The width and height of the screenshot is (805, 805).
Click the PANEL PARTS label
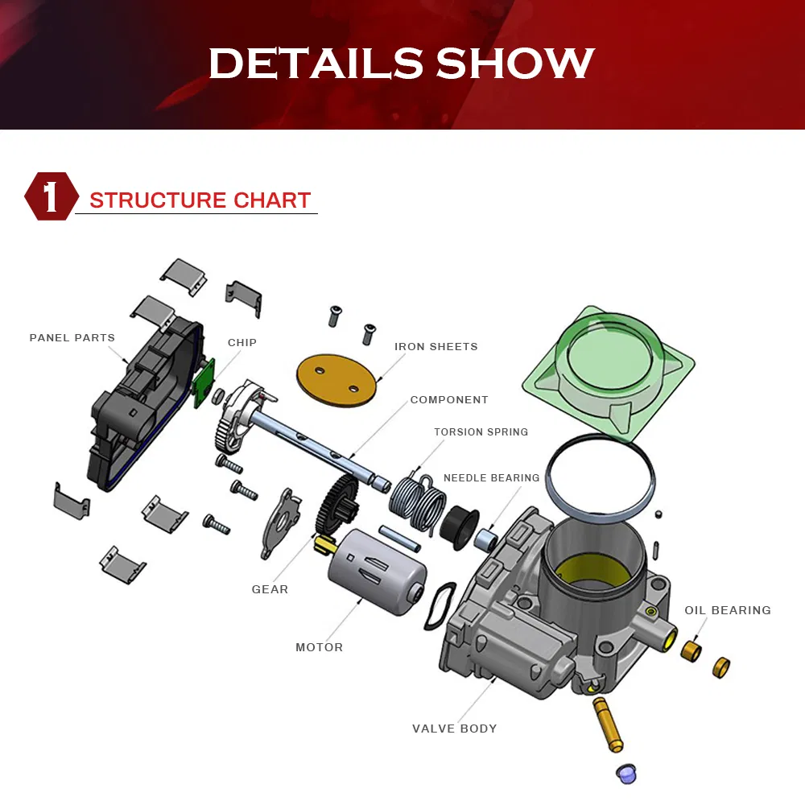click(x=72, y=338)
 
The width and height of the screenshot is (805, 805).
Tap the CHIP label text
click(x=242, y=343)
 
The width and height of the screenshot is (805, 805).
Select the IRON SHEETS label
click(x=436, y=347)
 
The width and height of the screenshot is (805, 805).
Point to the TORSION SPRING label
click(x=481, y=432)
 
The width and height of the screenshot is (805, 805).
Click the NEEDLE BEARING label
click(x=491, y=478)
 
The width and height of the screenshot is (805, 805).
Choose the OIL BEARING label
click(x=727, y=611)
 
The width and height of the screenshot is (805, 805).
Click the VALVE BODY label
click(x=454, y=729)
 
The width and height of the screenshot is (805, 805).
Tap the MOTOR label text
click(x=319, y=648)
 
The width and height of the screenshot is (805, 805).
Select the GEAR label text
click(x=270, y=590)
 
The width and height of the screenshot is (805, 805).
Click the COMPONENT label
click(x=448, y=400)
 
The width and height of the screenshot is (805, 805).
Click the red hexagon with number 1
click(x=51, y=197)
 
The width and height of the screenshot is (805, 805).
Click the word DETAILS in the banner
click(x=315, y=64)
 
